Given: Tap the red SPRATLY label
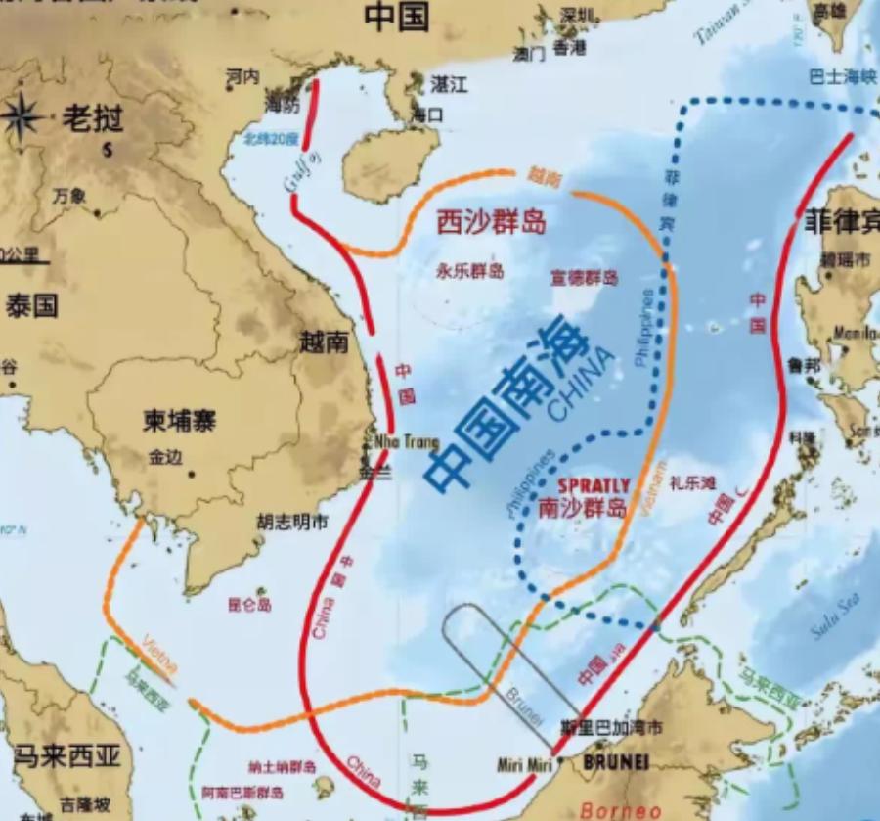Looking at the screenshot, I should (594, 486).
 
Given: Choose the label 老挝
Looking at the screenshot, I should (93, 119).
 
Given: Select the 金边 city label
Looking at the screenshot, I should (166, 456).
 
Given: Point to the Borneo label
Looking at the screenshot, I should (614, 810).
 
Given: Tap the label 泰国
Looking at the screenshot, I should (31, 304).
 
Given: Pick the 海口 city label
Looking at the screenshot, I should (427, 114).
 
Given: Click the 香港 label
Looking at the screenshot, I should (568, 47).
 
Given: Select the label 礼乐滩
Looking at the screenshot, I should (693, 482).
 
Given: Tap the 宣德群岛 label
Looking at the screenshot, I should (585, 277).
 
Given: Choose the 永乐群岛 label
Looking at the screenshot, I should (470, 271).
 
